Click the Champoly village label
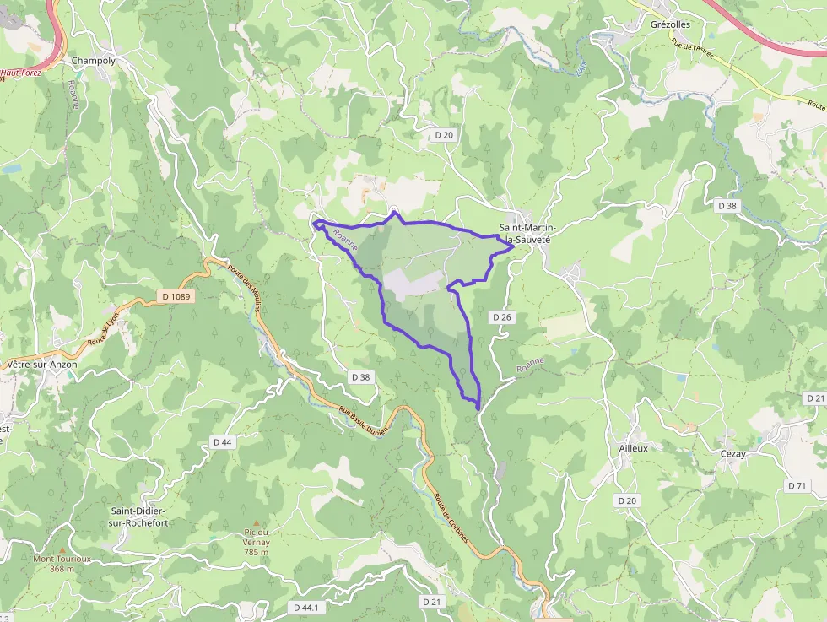point(93,61)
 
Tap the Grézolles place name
point(672,25)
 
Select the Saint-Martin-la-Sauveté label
point(525,234)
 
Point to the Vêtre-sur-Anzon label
point(41,364)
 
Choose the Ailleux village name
point(633,448)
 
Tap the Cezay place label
point(732,453)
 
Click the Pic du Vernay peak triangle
point(256,523)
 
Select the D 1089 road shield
point(176,296)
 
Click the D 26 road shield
point(501,316)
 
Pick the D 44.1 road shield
point(308,608)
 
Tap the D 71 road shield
point(797,485)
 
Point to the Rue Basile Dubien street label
point(362,419)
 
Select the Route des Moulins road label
point(244,287)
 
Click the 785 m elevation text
point(256,553)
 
